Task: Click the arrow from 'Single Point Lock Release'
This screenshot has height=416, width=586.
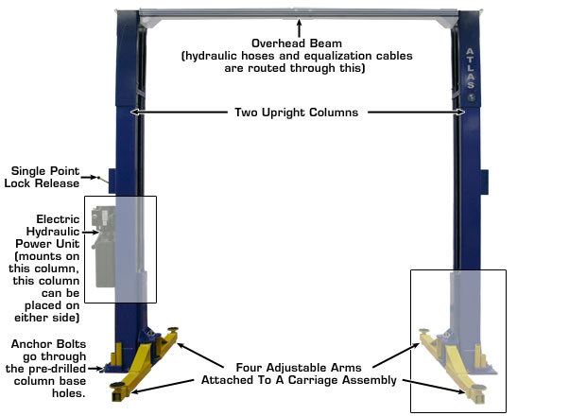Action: [92, 177]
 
